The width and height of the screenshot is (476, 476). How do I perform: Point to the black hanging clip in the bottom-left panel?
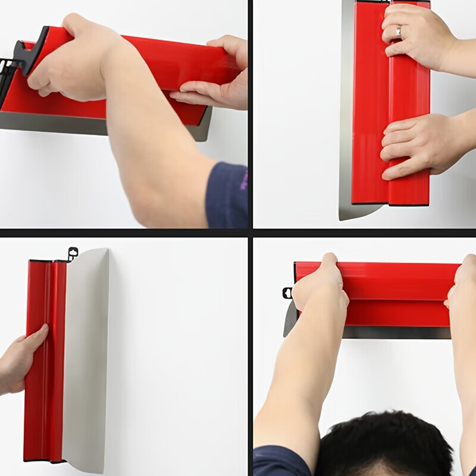tap(73, 254)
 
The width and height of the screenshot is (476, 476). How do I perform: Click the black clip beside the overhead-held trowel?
tap(287, 293)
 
